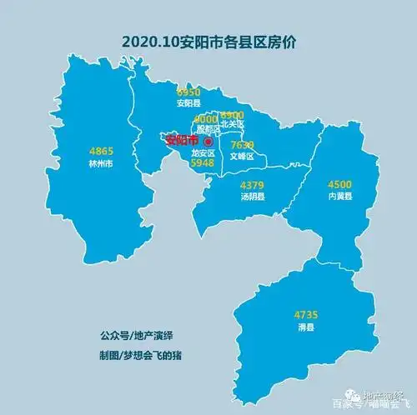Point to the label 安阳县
point(188,104)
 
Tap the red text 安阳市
point(183,140)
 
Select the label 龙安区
point(203,154)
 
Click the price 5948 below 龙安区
point(203,164)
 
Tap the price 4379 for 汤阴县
point(252,185)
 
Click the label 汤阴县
point(252,197)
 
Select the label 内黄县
point(340,197)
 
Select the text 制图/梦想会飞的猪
point(138,354)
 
